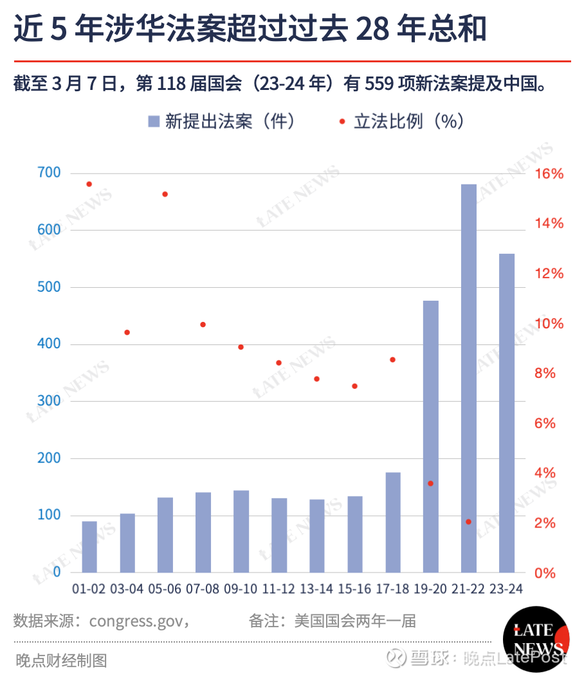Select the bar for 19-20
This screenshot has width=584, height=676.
(431, 436)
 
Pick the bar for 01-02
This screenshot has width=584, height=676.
(89, 547)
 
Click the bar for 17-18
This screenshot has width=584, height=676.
(393, 522)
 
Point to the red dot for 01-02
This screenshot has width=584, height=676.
(89, 184)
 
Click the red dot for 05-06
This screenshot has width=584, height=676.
(165, 194)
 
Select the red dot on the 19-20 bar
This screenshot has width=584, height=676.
(431, 483)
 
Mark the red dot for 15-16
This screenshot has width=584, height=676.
(354, 386)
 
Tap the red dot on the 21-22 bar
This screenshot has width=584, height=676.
(469, 522)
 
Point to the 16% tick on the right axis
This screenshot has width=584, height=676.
(549, 174)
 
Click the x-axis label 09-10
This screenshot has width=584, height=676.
(241, 589)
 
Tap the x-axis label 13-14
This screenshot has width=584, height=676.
(316, 589)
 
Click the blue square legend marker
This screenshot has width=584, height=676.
(154, 121)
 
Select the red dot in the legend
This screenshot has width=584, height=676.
(342, 121)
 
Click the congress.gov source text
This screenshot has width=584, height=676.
(138, 621)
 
